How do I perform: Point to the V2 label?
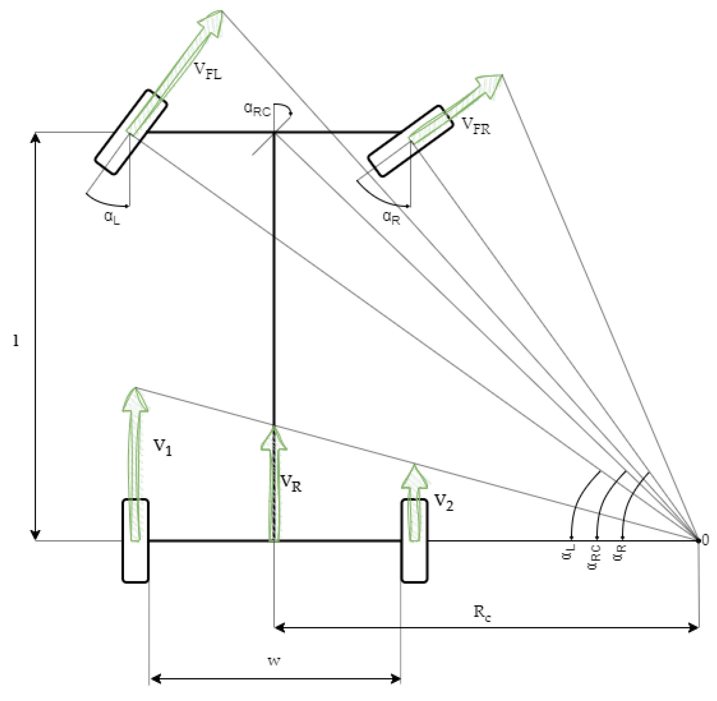click(x=444, y=503)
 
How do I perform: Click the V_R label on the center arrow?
click(x=291, y=483)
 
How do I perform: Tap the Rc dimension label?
click(x=482, y=613)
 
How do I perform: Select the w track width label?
click(x=274, y=661)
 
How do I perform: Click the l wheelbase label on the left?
click(x=16, y=340)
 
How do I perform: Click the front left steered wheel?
click(x=131, y=132)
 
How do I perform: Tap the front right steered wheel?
click(x=410, y=141)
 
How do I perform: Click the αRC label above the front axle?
click(x=257, y=110)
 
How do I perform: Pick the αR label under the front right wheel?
click(x=391, y=217)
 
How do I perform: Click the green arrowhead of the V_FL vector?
click(x=212, y=23)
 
